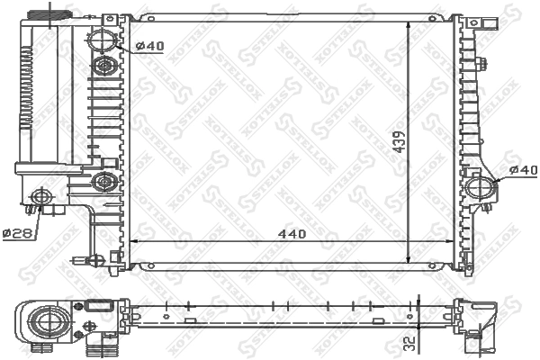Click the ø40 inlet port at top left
tap(103, 40)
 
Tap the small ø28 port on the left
tap(40, 197)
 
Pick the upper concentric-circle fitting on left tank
tap(104, 65)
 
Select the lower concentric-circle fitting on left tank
tap(104, 183)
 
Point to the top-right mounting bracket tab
tap(470, 20)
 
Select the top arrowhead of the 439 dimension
tap(409, 22)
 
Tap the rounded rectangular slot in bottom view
tap(96, 307)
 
